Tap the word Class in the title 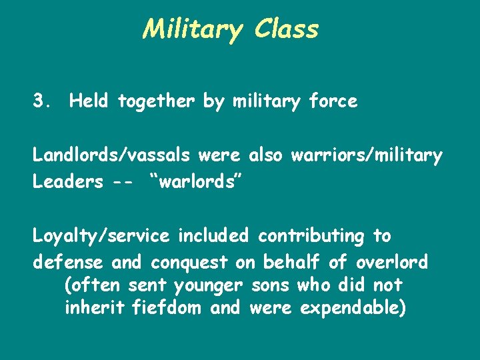click(285, 29)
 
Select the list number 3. click(41, 101)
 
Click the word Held click(91, 101)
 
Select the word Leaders click(67, 182)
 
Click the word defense click(69, 261)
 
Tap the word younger click(209, 286)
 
